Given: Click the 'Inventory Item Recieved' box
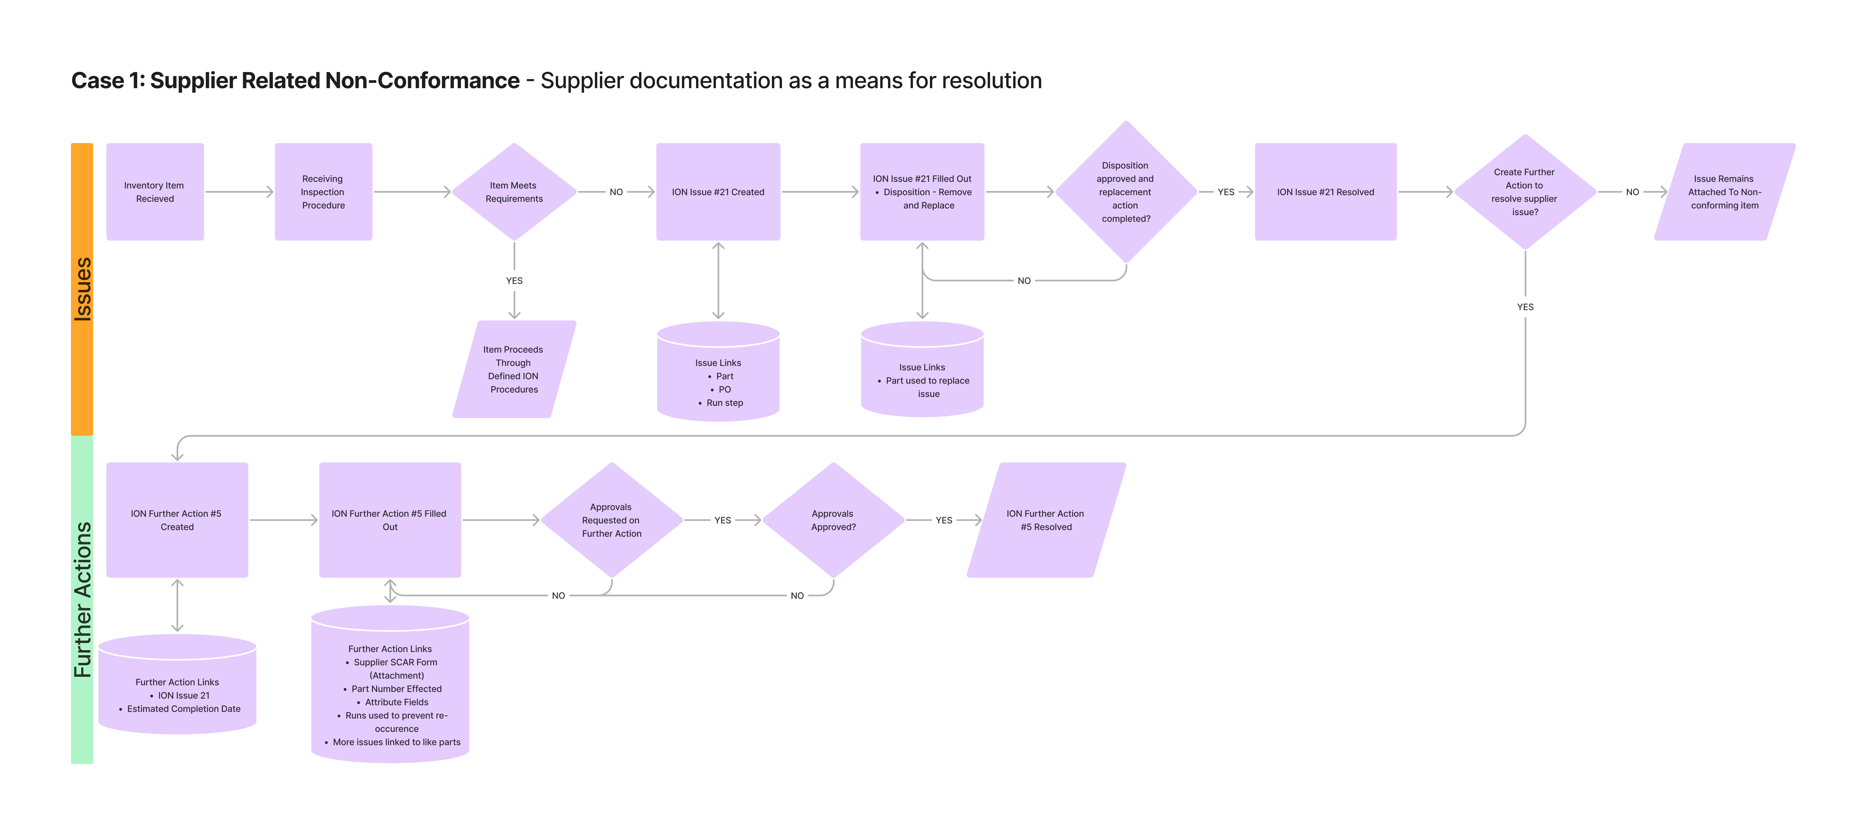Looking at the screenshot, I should (154, 192).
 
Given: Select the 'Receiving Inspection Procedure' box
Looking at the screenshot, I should (323, 192).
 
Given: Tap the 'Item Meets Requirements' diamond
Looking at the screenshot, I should (514, 192).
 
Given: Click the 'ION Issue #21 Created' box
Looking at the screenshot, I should (718, 192).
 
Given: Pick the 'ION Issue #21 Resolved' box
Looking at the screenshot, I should (1325, 192).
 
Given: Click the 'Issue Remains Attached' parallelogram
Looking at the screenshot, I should (1724, 192).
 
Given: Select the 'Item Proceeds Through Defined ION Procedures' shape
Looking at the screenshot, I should (514, 370).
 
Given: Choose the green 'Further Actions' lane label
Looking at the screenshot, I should (82, 599).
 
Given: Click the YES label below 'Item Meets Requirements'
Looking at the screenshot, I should (514, 281).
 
